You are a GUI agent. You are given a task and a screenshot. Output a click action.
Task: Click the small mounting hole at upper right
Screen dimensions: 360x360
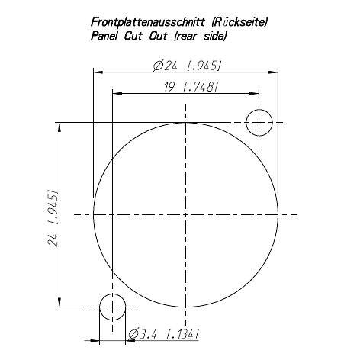(x=260, y=122)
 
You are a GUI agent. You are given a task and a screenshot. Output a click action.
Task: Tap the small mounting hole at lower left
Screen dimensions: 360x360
(x=112, y=307)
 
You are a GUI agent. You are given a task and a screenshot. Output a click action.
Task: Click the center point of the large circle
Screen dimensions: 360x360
(x=185, y=215)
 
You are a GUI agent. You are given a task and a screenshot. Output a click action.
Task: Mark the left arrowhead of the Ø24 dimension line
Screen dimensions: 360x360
(x=97, y=72)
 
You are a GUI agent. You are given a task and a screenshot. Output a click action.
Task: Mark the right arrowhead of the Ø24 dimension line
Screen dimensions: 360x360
(x=274, y=72)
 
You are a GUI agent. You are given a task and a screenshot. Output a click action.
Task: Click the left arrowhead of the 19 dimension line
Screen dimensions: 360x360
(x=116, y=95)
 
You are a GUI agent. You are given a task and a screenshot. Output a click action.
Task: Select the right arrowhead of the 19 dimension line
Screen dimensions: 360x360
(x=256, y=95)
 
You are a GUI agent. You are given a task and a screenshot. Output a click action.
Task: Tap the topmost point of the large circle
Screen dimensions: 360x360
(x=185, y=123)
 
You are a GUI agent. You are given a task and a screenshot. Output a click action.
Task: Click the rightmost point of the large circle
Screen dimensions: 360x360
(x=278, y=215)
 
